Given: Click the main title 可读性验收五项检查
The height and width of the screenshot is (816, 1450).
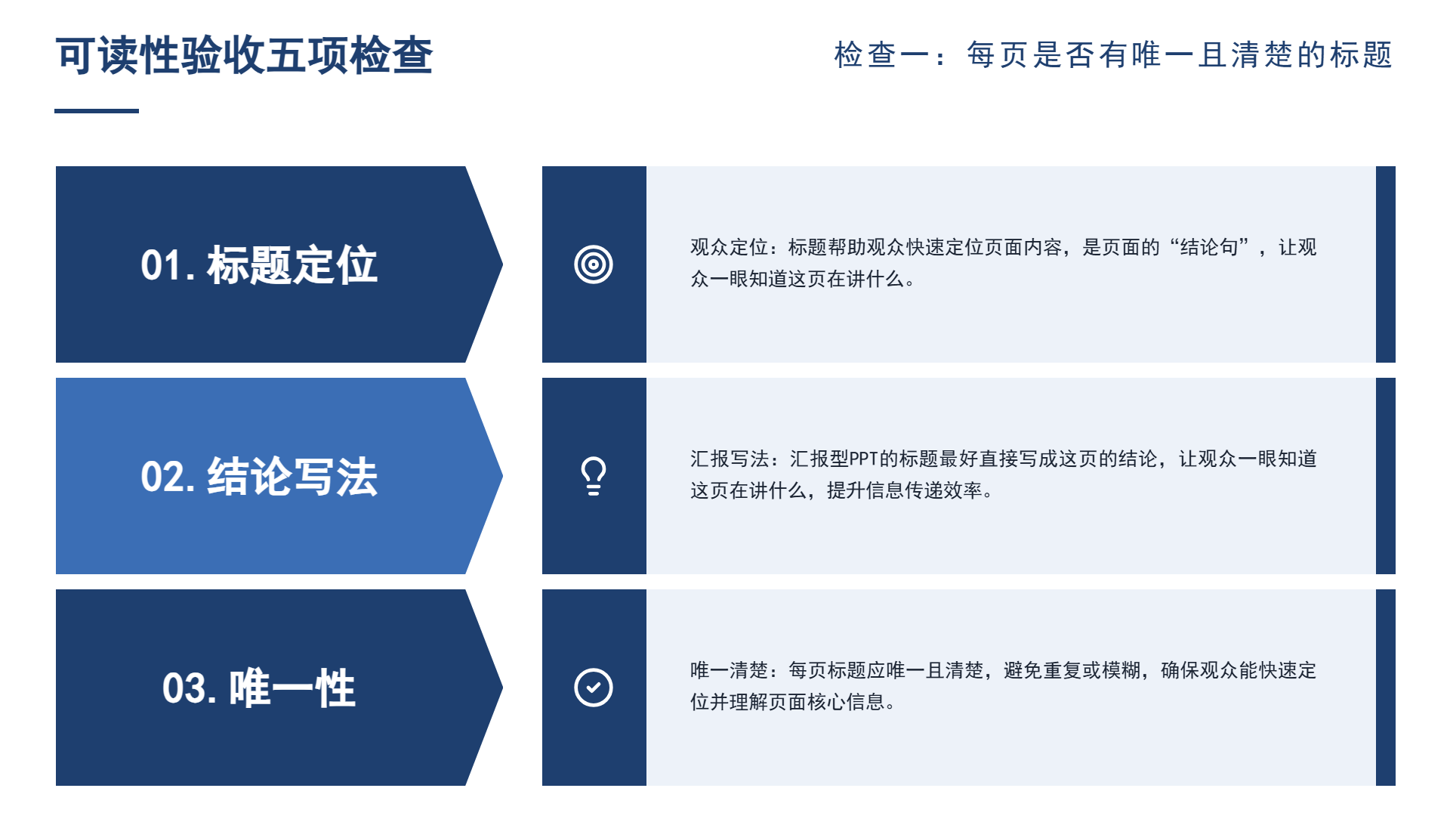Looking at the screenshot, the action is [244, 55].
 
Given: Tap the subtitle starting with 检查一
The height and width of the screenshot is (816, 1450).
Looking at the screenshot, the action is [1113, 55].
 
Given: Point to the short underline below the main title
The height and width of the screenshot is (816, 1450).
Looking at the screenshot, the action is [97, 111].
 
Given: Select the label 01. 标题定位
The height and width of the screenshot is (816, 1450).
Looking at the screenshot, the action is [259, 265].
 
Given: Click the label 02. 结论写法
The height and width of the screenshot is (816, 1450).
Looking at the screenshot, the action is [259, 477].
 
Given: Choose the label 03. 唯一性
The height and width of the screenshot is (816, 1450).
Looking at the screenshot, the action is [259, 688].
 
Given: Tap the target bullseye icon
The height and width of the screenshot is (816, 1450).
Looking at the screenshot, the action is [594, 264].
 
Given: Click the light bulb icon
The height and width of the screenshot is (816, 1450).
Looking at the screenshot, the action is [594, 476].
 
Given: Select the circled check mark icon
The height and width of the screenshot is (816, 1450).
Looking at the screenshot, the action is [594, 688].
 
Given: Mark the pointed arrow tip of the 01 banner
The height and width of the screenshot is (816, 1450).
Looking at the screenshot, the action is [502, 264].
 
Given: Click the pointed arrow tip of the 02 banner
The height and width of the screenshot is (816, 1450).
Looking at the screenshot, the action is [502, 476].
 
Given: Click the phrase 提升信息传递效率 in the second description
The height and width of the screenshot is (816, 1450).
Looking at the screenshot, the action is [905, 490].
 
